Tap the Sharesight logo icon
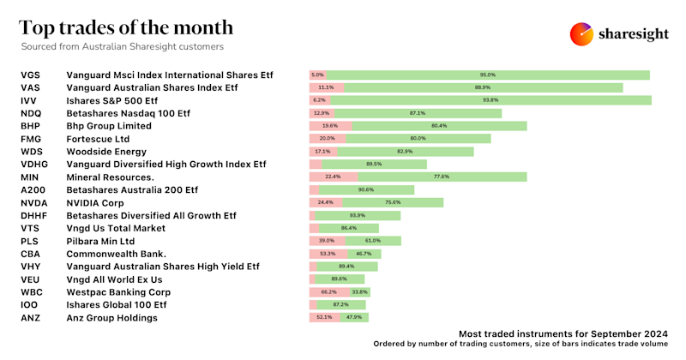click(x=582, y=33)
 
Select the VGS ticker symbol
click(x=30, y=75)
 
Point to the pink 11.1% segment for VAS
click(x=327, y=87)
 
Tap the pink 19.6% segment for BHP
click(x=330, y=126)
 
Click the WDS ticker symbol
click(x=31, y=151)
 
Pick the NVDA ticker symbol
click(x=33, y=202)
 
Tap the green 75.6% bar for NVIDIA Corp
click(x=394, y=202)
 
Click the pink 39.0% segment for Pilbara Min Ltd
click(x=328, y=241)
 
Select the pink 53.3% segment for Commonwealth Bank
click(x=328, y=254)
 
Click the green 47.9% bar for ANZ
click(x=352, y=317)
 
